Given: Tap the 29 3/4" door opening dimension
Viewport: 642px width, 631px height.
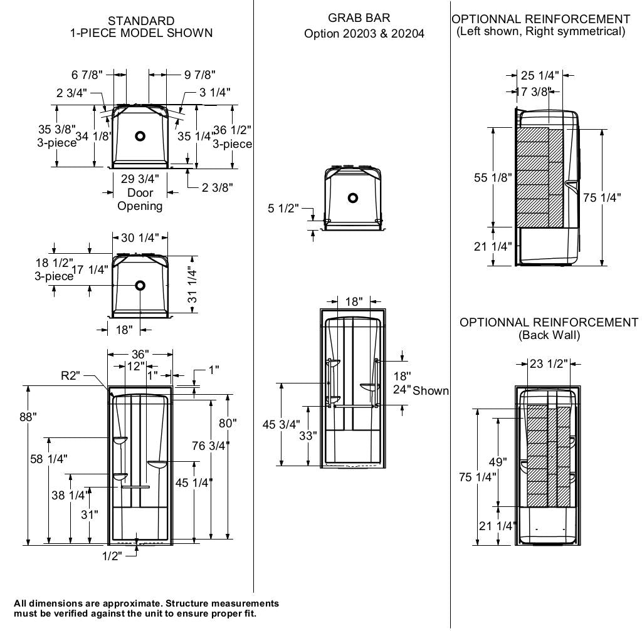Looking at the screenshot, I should [140, 179].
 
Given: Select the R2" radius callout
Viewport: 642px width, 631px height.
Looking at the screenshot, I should [71, 376].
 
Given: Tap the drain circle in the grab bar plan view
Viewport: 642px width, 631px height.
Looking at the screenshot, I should [352, 198].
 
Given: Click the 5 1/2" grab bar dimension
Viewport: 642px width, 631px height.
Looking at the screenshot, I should [283, 209].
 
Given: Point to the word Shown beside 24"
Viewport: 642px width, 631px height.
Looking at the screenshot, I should [431, 391].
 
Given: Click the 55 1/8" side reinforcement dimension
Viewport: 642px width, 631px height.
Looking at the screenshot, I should [493, 178].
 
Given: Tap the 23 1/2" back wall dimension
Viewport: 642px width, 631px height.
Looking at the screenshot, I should [549, 363].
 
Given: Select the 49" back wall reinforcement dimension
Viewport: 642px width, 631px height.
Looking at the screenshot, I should [498, 462].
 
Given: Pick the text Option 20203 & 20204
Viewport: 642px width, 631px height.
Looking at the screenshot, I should [364, 34].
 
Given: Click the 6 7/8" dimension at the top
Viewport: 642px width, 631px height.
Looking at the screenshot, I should [87, 75].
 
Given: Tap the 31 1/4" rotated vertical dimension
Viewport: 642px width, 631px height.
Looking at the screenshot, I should [192, 286].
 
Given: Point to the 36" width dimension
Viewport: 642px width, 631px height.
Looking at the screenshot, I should [140, 355].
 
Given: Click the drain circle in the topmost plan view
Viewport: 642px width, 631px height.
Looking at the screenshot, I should [140, 135].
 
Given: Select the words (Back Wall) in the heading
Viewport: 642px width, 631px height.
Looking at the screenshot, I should [549, 335].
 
